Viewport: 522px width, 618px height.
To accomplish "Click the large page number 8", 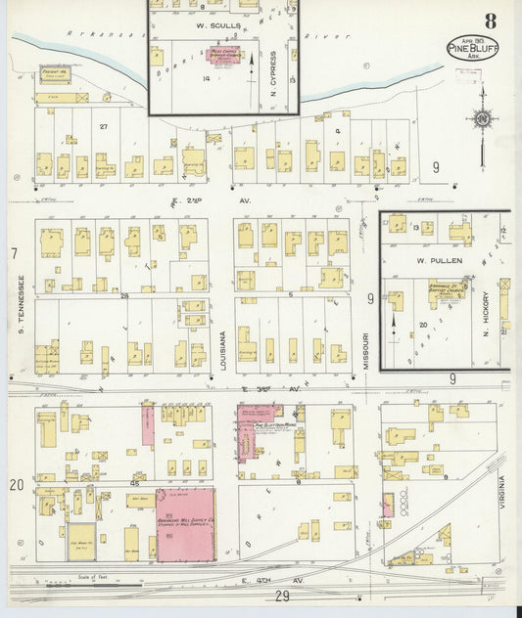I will [x=489, y=21].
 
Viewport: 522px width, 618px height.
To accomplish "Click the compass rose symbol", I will [x=482, y=120].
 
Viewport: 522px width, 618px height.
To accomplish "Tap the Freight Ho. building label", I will [x=53, y=70].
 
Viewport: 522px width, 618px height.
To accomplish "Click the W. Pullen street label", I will [x=433, y=261].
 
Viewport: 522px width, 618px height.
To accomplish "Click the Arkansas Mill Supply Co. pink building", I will [x=186, y=524].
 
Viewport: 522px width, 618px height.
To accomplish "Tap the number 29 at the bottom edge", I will [x=283, y=596].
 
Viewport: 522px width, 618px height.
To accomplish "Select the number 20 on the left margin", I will [x=16, y=485].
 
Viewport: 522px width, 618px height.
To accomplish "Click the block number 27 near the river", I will [x=103, y=126].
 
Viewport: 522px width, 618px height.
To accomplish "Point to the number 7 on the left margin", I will [x=14, y=254].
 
